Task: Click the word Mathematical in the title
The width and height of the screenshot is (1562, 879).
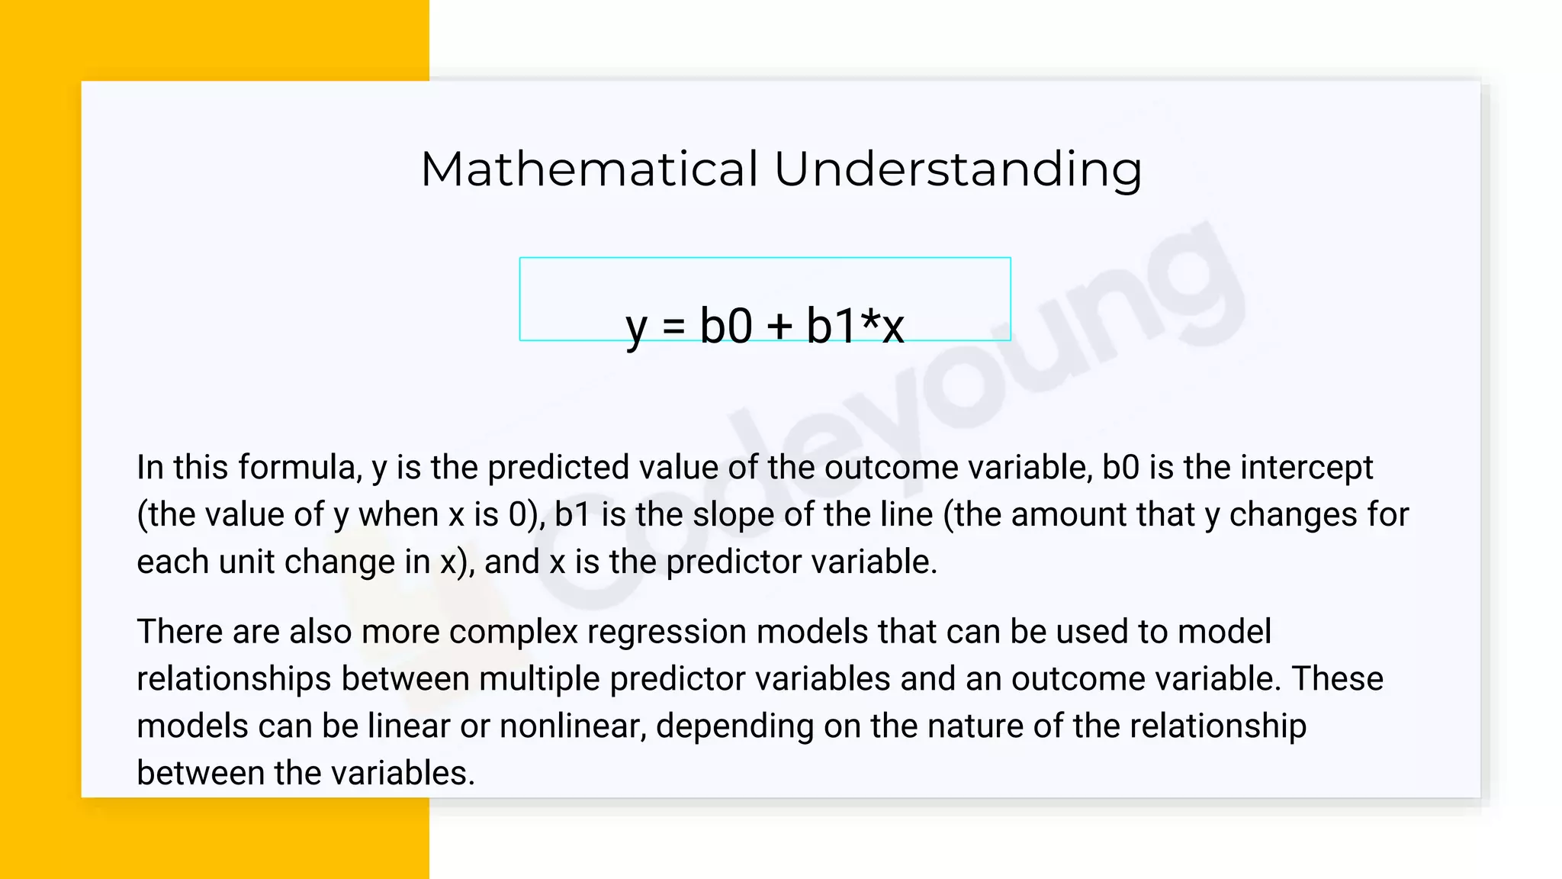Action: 590,169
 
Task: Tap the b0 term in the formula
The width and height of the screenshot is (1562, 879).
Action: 726,326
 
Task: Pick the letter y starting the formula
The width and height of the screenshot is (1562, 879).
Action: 636,330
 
